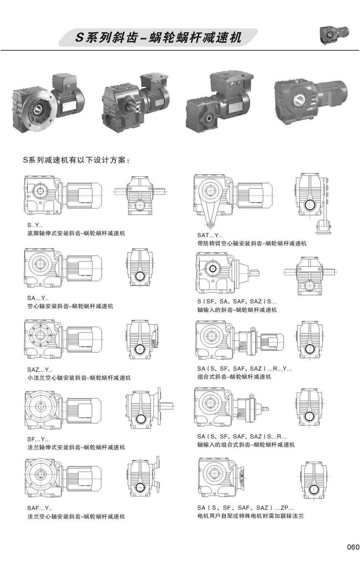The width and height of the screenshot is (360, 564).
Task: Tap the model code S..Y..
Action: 35,225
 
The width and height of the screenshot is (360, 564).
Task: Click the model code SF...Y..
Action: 37,439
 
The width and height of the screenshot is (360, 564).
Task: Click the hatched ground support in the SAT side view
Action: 323,233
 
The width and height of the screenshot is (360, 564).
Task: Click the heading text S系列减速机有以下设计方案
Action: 76,160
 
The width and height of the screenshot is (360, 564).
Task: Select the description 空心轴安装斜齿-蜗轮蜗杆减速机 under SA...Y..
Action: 70,306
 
